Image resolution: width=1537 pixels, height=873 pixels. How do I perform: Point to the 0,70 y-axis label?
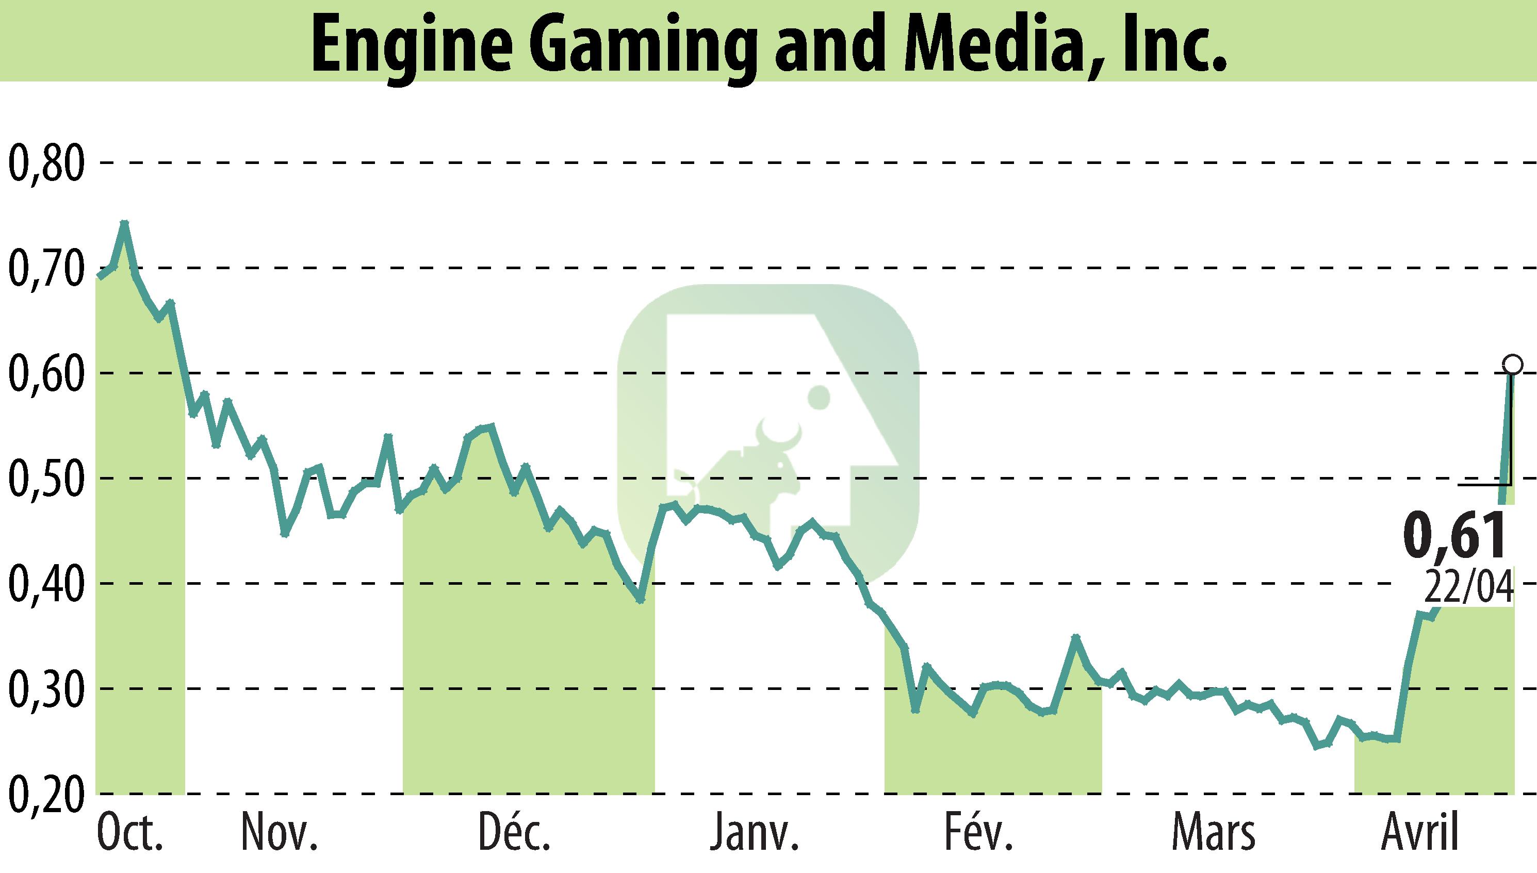point(45,269)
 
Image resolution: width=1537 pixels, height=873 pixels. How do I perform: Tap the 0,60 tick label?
point(45,374)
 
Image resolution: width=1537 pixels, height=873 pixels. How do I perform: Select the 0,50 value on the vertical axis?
point(45,480)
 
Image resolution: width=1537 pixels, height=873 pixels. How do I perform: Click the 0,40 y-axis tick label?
point(45,584)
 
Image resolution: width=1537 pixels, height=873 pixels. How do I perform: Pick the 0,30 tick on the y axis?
point(45,689)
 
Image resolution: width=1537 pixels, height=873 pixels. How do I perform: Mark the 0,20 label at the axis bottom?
point(45,795)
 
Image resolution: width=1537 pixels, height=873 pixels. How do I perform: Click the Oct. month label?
point(130,833)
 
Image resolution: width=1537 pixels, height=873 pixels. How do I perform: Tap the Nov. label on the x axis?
point(279,833)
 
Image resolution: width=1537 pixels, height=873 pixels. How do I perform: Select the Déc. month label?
point(515,833)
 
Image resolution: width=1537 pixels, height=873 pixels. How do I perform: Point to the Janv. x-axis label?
point(755,833)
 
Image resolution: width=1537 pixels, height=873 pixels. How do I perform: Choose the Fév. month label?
point(979,833)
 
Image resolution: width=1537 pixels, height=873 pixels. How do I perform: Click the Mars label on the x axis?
point(1213,833)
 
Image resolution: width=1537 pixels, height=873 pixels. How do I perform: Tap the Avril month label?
point(1419,833)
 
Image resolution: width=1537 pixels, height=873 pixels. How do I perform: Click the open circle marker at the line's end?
point(1512,364)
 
